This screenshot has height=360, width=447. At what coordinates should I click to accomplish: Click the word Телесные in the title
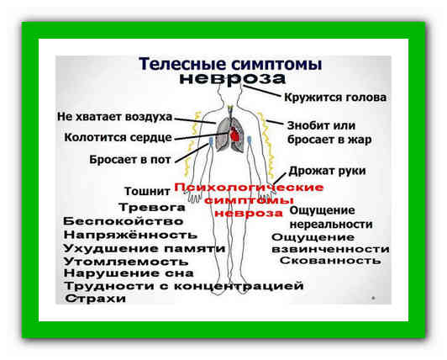pos(183,63)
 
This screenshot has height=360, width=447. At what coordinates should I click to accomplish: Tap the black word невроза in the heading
pos(233,78)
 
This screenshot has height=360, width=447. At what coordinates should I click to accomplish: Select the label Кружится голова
pos(335,98)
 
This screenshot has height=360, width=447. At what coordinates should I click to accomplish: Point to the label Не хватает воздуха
pos(114,117)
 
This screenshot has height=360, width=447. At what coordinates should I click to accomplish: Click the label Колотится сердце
pos(118,138)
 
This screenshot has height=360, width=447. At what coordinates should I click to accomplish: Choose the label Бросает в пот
pos(130,160)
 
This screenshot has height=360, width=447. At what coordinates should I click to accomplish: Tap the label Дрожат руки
pos(328,171)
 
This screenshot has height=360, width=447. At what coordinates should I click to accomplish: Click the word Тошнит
pos(147,191)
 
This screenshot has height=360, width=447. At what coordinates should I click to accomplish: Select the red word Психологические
pos(249,188)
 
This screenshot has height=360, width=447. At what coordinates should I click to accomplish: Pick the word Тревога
pos(152,208)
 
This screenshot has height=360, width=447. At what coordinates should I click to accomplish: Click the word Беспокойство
pos(124,221)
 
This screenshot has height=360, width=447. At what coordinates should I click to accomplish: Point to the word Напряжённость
pos(130,235)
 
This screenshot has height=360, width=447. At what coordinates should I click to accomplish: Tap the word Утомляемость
pos(126,262)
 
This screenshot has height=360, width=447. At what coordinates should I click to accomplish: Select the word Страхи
pos(96,299)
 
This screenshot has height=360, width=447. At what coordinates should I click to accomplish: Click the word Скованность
pos(330,261)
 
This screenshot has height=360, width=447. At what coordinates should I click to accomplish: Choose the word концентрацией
pos(239,286)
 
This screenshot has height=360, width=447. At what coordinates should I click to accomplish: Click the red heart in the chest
pos(235,134)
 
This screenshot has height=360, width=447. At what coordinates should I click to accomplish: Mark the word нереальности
pos(331,225)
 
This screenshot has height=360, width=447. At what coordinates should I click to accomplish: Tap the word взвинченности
pos(330,249)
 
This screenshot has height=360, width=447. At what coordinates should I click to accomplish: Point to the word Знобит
pos(307,125)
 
